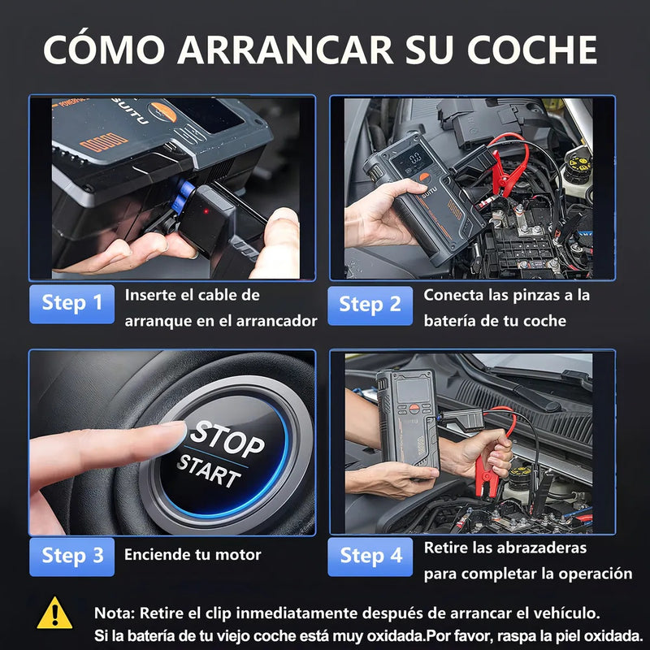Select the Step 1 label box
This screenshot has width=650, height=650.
tap(72, 303)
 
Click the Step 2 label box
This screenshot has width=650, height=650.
tap(370, 305)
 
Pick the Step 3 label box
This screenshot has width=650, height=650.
tap(72, 556)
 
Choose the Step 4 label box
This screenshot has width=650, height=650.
tap(370, 556)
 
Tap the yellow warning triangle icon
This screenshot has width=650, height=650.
tap(55, 611)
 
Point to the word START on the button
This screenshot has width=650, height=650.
tap(209, 470)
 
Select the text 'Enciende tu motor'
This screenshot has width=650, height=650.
tap(193, 556)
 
